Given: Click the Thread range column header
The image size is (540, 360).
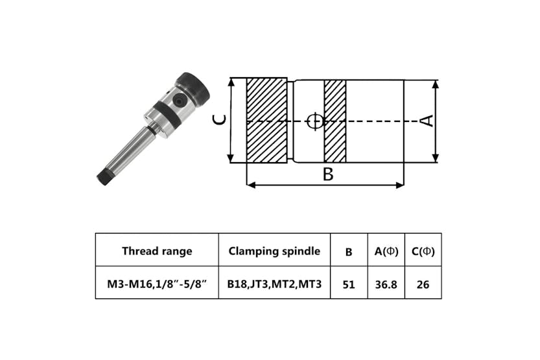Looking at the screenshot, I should (x=156, y=251).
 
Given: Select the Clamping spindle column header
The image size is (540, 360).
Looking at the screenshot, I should (x=274, y=251).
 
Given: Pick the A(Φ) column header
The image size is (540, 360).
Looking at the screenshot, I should (x=386, y=251).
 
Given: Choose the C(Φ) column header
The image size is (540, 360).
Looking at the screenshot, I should (x=423, y=251).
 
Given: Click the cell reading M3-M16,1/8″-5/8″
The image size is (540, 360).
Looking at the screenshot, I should (x=156, y=283).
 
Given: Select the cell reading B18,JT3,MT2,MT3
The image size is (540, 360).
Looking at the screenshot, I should (x=274, y=283).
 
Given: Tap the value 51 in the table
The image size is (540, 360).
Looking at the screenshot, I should (x=349, y=283).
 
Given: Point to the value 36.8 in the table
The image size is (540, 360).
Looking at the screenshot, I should (x=386, y=283).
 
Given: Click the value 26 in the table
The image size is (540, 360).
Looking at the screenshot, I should (x=423, y=283).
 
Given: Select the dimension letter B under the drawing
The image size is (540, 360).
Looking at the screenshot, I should (x=328, y=174).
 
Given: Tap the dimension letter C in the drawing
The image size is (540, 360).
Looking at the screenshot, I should (x=221, y=120).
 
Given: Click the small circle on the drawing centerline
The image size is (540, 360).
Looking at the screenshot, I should (x=314, y=121).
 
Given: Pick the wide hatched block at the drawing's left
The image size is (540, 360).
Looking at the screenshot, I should (x=267, y=121).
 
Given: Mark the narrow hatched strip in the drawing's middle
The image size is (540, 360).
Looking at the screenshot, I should (x=335, y=121).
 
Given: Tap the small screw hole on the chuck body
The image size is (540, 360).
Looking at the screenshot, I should (x=178, y=100).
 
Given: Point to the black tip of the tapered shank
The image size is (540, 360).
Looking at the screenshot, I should (x=103, y=176).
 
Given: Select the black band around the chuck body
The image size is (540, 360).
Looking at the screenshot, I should (x=167, y=115).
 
